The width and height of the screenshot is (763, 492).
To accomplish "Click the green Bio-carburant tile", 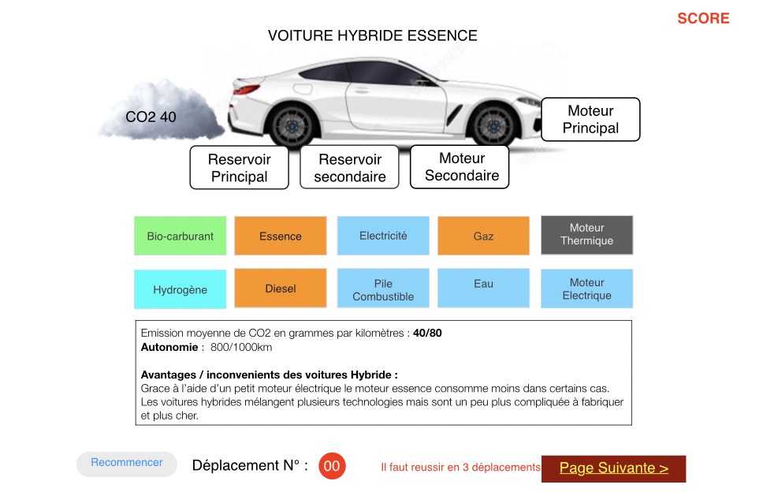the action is click(x=180, y=236).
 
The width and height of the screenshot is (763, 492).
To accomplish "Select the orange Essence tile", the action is click(x=281, y=236).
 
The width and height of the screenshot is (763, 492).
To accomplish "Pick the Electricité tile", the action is click(x=383, y=236).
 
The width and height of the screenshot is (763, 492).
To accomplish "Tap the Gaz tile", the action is click(x=483, y=236).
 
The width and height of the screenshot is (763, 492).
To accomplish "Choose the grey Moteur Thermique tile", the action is click(x=587, y=235).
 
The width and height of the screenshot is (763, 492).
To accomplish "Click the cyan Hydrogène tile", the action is click(x=180, y=289).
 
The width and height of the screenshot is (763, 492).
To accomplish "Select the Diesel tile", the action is click(x=281, y=288).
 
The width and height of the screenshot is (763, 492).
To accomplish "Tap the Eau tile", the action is click(x=483, y=288).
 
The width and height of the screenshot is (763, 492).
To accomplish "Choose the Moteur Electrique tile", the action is click(x=587, y=289).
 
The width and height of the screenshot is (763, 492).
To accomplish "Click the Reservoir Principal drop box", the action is click(x=240, y=167).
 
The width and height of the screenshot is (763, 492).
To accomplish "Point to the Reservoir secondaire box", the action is click(x=349, y=167).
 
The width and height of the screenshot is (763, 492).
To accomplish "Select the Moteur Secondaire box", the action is click(x=460, y=167).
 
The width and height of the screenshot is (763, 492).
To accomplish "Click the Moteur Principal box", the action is click(x=590, y=119).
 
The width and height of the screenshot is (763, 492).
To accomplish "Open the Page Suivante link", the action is click(x=613, y=468).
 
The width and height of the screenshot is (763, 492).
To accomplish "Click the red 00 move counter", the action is click(x=332, y=466).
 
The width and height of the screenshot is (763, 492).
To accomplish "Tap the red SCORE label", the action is click(x=703, y=18).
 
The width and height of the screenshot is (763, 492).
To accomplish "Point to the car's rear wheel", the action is click(x=292, y=125).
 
